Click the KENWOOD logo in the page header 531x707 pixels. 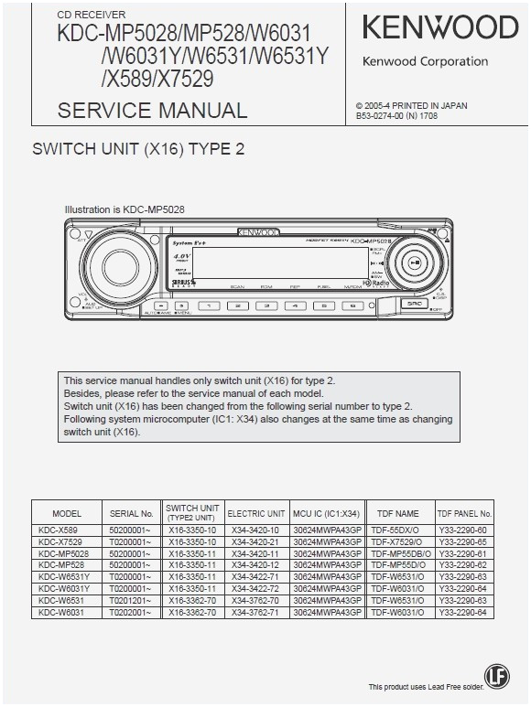point(439,27)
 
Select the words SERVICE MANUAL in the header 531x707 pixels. point(152,111)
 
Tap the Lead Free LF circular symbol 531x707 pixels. point(496,675)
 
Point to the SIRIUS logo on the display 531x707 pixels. point(182,284)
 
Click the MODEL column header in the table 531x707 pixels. point(67,514)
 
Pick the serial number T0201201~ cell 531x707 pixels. point(131,600)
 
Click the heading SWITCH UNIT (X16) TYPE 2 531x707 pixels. point(139,150)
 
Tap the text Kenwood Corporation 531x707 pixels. point(425,62)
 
